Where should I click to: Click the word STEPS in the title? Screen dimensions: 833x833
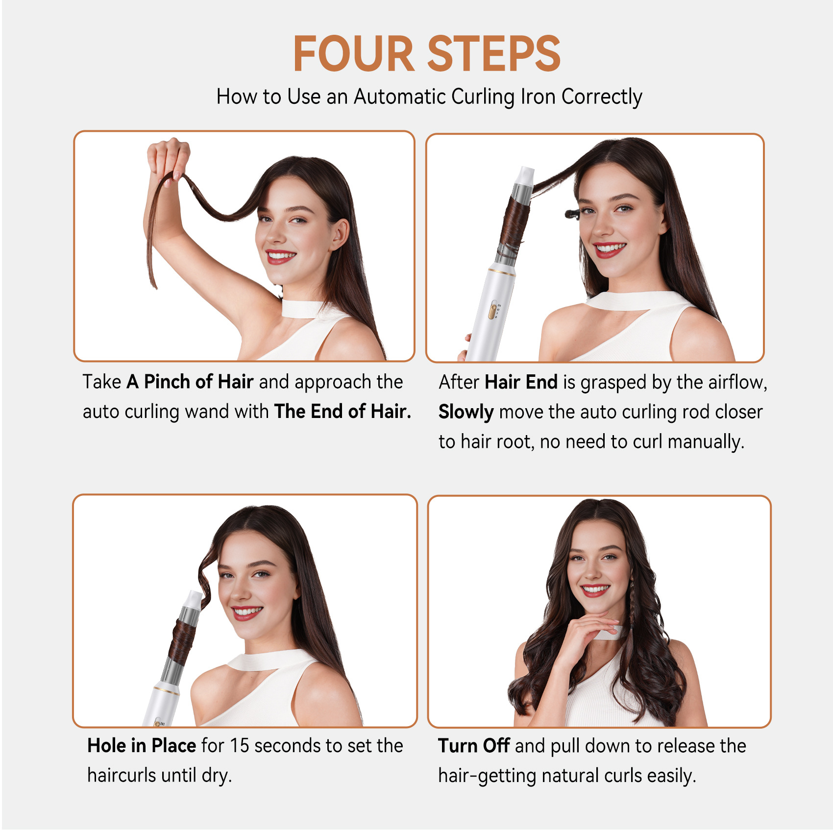click(494, 54)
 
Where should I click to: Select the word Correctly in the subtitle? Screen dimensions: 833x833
click(602, 98)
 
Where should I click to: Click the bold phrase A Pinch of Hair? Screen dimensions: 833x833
click(190, 382)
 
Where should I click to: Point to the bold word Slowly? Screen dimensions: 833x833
click(466, 412)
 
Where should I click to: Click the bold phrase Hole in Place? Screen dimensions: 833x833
click(142, 745)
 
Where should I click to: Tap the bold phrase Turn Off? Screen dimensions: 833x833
click(474, 746)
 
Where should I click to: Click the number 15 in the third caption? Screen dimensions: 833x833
click(240, 746)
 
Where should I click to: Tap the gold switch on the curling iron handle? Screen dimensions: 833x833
click(493, 311)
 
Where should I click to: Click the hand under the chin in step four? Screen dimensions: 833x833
click(588, 632)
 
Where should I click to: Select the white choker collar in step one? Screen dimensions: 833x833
click(303, 308)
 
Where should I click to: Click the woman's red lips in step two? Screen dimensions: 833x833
click(609, 249)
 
